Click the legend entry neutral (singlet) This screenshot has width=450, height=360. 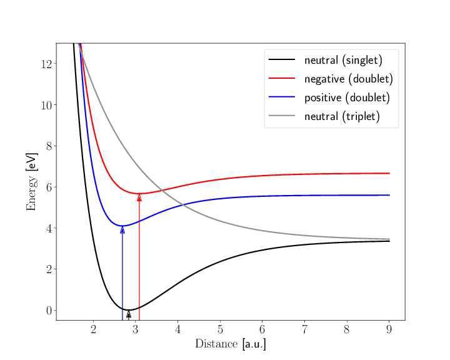coord(342,61)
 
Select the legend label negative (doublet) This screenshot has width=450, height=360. coord(348,79)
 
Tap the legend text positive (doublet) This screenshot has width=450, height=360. coord(347,98)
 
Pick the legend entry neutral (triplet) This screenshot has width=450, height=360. coord(342,117)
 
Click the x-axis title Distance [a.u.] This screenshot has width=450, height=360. coord(230,344)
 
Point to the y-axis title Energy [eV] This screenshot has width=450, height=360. coord(31,181)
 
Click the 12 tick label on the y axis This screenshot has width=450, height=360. coord(46,64)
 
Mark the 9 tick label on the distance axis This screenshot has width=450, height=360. coord(389,329)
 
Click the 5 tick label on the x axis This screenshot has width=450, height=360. coord(220,329)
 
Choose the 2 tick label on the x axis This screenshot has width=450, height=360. coord(93,329)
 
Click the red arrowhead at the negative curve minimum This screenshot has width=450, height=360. coord(139,197)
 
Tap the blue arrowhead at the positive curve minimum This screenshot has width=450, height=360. coord(122,229)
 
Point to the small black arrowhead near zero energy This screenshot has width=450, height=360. coord(129,314)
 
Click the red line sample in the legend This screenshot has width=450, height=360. coord(281,79)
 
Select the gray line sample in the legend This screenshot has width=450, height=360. coord(281,116)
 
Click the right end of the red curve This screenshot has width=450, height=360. coord(389,173)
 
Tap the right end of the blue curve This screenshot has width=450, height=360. coord(389,195)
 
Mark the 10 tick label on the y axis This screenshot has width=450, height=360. coord(46,105)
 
